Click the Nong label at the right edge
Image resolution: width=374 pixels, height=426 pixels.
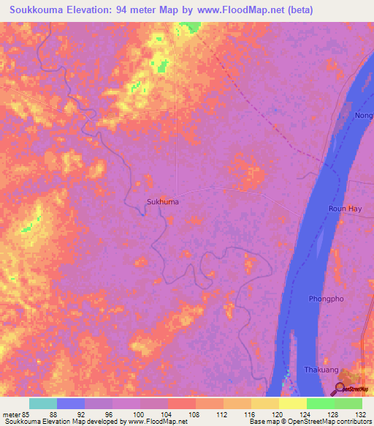(x=363, y=116)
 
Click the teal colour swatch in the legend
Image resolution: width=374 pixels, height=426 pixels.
(x=43, y=403)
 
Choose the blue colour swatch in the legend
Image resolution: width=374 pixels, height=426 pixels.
(x=71, y=403)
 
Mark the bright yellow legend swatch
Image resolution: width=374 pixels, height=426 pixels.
(x=293, y=403)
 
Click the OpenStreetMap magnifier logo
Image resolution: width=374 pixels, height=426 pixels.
(x=340, y=388)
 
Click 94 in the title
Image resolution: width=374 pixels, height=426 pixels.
(x=123, y=10)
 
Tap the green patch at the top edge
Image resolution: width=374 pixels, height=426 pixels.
(x=191, y=27)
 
